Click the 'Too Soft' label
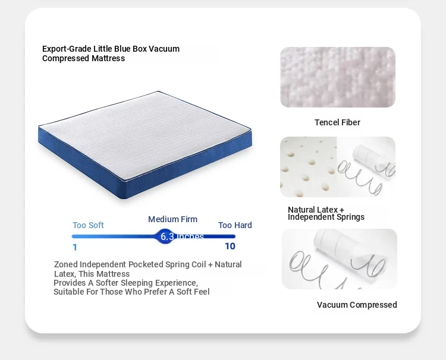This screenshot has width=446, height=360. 88,225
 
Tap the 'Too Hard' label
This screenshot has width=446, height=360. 235,225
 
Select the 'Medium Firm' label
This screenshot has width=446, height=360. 172,219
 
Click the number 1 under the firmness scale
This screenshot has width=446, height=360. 75,247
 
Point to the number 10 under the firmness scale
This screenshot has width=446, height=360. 230,247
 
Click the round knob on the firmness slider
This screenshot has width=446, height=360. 165,236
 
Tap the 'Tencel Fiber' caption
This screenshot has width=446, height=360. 337,122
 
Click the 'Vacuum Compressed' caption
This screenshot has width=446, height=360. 357,305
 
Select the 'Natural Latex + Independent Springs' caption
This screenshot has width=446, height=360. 326,213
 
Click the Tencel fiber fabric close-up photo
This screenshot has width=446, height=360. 338,77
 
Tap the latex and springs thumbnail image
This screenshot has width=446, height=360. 338,167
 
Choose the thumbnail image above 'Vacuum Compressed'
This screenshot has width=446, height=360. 340,259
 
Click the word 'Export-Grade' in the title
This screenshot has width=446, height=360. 67,49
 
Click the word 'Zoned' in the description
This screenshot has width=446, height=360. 66,264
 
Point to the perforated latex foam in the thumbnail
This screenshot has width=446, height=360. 308,167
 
